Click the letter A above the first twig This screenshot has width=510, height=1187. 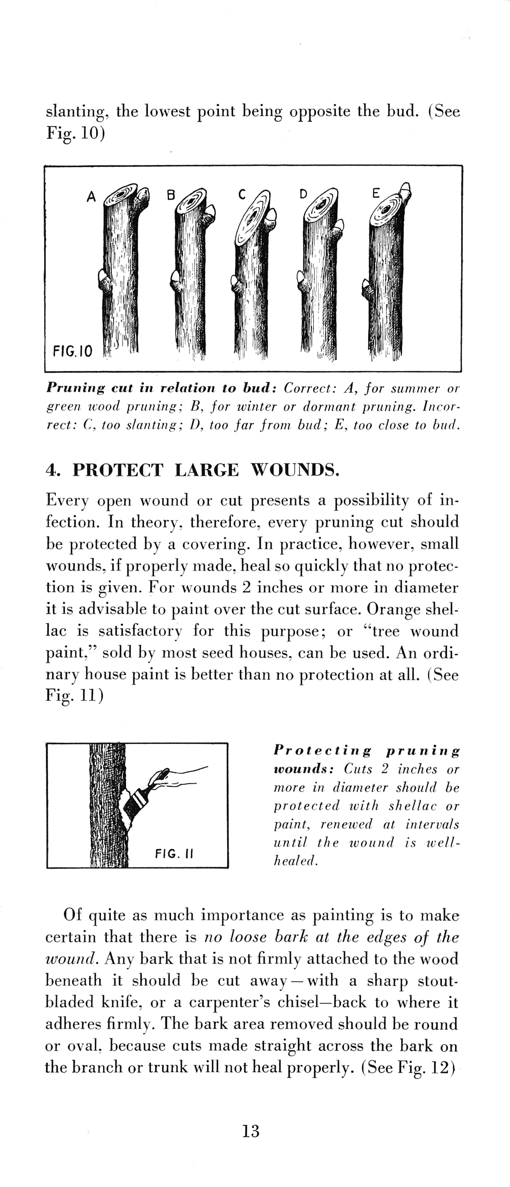pyautogui.click(x=91, y=197)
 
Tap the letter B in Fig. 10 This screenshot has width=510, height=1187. pyautogui.click(x=171, y=195)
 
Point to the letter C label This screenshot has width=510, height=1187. pyautogui.click(x=241, y=195)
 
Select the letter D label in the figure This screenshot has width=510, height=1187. pyautogui.click(x=303, y=194)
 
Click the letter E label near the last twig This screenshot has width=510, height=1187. pyautogui.click(x=376, y=194)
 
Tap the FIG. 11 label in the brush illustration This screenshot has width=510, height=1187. pyautogui.click(x=174, y=854)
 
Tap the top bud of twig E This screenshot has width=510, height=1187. pyautogui.click(x=405, y=189)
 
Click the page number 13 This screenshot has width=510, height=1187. pyautogui.click(x=251, y=1130)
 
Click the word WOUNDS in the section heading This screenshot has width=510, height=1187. pyautogui.click(x=295, y=470)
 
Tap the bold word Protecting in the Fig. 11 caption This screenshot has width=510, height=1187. pyautogui.click(x=322, y=751)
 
